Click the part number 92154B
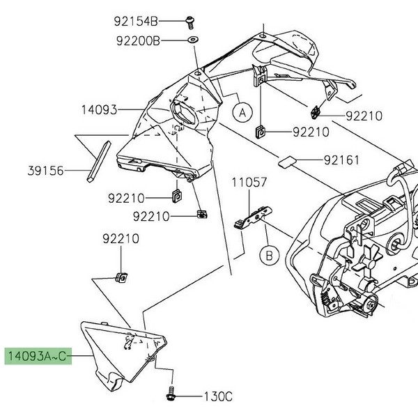pyautogui.click(x=137, y=21)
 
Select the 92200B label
pyautogui.click(x=137, y=41)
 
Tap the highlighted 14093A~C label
pyautogui.click(x=38, y=357)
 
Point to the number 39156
pyautogui.click(x=46, y=169)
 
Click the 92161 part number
pyautogui.click(x=341, y=160)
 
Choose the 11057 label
pyautogui.click(x=249, y=183)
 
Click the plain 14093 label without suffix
pyautogui.click(x=100, y=110)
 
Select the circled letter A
pyautogui.click(x=241, y=111)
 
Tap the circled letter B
pyautogui.click(x=268, y=256)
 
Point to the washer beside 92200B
pyautogui.click(x=192, y=40)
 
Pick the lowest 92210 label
pyautogui.click(x=121, y=239)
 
